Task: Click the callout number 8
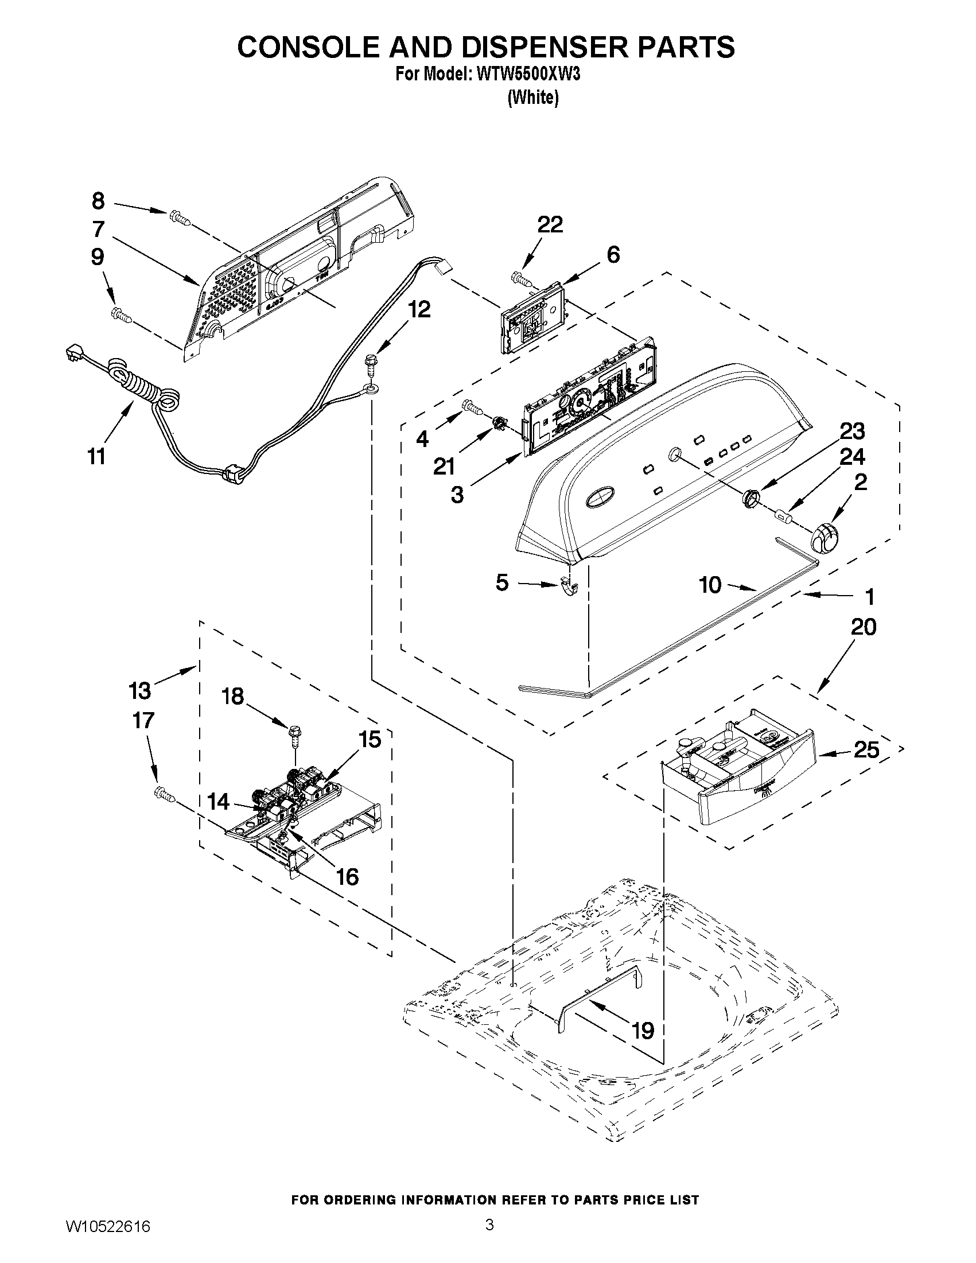98,201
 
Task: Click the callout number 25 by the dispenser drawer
866,750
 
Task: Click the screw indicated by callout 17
164,795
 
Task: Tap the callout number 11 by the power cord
96,456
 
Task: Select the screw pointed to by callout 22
523,279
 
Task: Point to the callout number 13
139,690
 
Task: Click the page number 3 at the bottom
489,1225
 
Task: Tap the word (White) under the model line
532,98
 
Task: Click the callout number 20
863,627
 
